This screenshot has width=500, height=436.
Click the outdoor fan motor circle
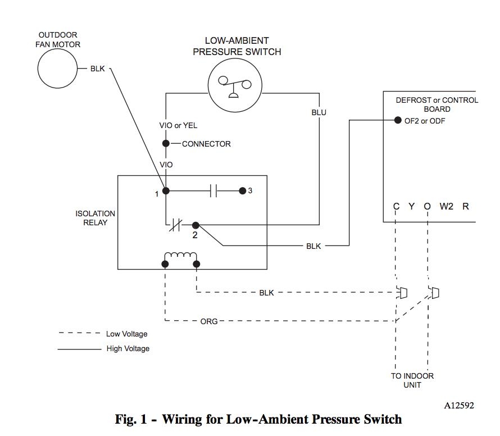[57, 69]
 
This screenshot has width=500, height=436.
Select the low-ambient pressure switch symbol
[235, 85]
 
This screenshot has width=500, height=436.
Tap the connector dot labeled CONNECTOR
[166, 144]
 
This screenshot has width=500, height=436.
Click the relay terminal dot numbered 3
[242, 191]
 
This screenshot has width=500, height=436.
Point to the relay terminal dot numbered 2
[196, 225]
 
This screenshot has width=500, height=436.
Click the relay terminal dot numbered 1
[166, 191]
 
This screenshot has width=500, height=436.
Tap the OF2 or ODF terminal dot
[398, 121]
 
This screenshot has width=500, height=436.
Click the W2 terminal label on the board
[446, 206]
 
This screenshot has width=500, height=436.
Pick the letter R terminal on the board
[465, 206]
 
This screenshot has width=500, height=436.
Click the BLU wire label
[319, 112]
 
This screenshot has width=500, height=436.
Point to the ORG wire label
[209, 322]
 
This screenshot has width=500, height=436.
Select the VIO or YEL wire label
[178, 125]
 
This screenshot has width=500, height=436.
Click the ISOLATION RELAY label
[95, 218]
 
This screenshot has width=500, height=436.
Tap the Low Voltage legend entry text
[126, 334]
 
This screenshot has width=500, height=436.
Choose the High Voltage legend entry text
[128, 348]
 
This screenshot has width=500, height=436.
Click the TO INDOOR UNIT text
[412, 380]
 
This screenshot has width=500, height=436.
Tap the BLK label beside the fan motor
[97, 69]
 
